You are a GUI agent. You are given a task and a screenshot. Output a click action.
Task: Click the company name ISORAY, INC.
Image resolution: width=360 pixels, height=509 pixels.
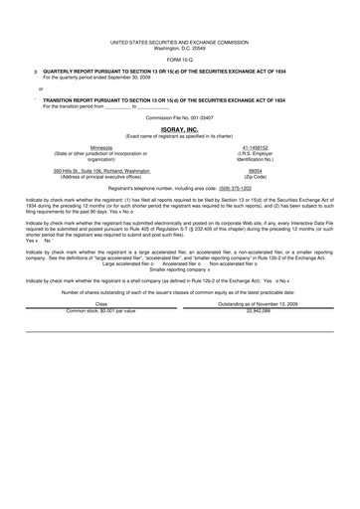[x=180, y=129]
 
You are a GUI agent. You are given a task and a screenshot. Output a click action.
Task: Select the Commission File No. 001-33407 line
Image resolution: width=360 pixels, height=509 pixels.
[x=180, y=117]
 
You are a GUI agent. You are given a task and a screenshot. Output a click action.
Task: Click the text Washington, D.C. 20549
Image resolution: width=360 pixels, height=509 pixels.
[x=180, y=48]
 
